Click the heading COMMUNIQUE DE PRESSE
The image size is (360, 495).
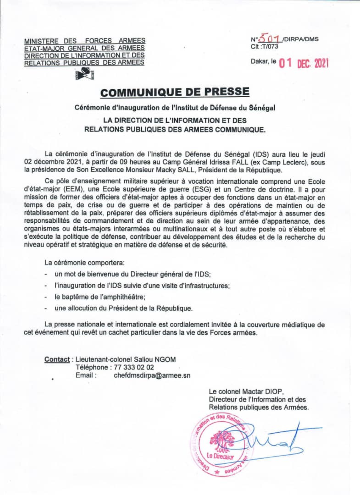click(175, 92)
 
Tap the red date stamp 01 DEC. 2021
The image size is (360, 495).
click(304, 63)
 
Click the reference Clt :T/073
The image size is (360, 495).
click(264, 46)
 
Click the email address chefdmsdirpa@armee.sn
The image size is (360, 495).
click(152, 375)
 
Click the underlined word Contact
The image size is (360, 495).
click(57, 359)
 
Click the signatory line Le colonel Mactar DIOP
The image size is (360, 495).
click(246, 391)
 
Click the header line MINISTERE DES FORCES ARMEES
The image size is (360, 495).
click(85, 41)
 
